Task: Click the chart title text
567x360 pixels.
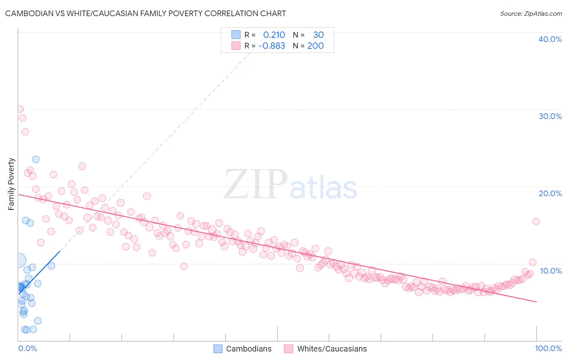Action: (x=146, y=13)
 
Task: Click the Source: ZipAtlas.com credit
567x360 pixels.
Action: (x=531, y=13)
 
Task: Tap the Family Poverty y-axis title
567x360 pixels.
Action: (x=11, y=184)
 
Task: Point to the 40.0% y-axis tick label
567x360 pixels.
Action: (x=550, y=39)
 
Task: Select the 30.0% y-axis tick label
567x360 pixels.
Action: (x=550, y=116)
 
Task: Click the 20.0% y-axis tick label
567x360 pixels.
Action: (x=550, y=193)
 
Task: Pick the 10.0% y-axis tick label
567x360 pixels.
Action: (x=551, y=271)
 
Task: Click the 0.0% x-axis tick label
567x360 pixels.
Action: (x=27, y=348)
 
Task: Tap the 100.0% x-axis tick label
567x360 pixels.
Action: (x=548, y=348)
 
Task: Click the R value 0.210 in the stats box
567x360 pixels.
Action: (x=274, y=35)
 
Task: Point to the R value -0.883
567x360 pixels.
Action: (x=272, y=46)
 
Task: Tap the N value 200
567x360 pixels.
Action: (x=315, y=46)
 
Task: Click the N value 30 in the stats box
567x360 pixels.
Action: (x=318, y=35)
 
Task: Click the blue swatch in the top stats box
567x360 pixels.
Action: (x=236, y=35)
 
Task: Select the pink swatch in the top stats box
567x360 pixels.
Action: (x=236, y=46)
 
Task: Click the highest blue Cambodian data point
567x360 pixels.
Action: (x=36, y=159)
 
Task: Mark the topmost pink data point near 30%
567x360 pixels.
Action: (x=20, y=109)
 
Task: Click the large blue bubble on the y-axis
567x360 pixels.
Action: (x=19, y=260)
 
